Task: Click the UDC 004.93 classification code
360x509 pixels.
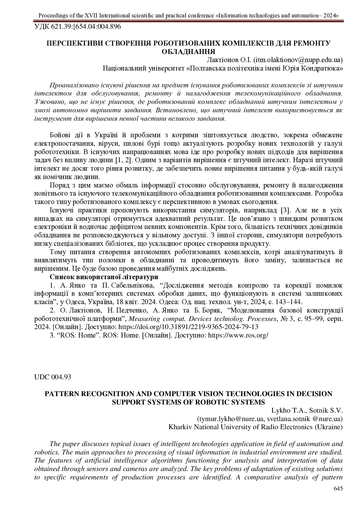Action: click(53, 377)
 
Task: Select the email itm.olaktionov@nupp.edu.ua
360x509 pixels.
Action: click(298, 60)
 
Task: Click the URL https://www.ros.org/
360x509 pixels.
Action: click(238, 335)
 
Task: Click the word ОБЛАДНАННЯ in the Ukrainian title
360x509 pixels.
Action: click(188, 52)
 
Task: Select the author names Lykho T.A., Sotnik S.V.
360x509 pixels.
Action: click(307, 410)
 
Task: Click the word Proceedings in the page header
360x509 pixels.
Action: click(52, 15)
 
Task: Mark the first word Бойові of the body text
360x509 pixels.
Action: click(60, 135)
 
